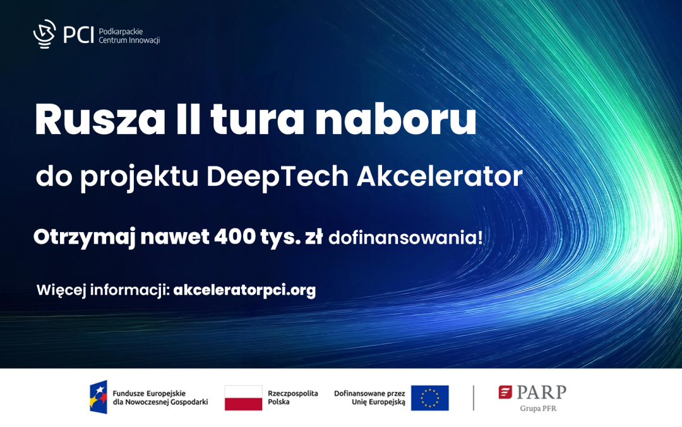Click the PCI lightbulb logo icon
[x=44, y=34]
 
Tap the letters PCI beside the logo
[x=78, y=35]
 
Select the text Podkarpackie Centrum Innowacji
[x=129, y=35]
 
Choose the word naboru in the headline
[x=395, y=121]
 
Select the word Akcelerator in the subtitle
[x=440, y=178]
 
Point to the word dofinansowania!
[x=405, y=238]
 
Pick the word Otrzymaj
[x=84, y=238]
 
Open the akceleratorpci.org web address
[x=244, y=290]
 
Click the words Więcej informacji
[x=102, y=290]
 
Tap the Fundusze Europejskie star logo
[x=99, y=397]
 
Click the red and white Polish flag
[x=243, y=398]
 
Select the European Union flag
[x=429, y=398]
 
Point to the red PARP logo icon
[x=505, y=392]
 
